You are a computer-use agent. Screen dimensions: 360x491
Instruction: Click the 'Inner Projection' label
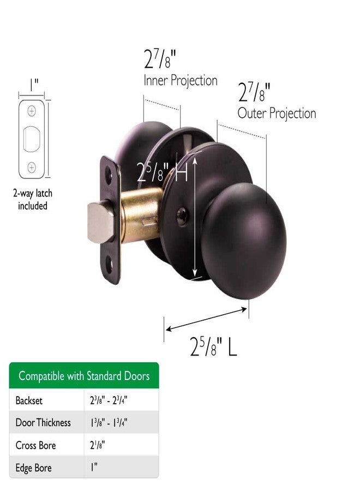point(181,81)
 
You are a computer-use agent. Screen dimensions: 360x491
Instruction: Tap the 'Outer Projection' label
point(277,113)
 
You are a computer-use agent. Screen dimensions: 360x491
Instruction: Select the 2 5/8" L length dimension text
point(213,346)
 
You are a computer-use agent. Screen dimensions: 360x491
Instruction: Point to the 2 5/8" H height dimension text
point(162,172)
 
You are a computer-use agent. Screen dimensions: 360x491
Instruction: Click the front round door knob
point(244,241)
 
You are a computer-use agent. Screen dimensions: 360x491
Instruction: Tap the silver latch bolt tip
point(100,223)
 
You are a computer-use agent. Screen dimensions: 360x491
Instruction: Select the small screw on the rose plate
point(182,216)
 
